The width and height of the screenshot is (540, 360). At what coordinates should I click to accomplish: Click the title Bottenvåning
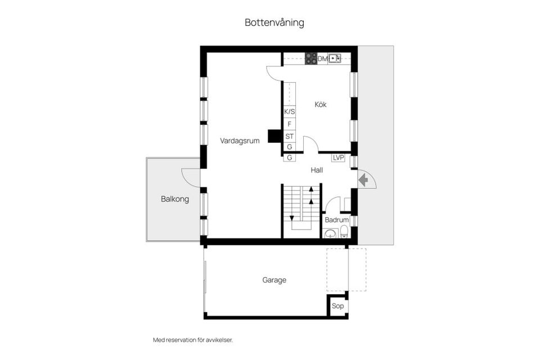274,23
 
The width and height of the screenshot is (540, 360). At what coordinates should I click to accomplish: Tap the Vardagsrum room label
240,141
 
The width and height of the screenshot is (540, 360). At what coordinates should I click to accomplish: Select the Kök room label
321,105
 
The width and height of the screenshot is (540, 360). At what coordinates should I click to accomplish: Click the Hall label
317,170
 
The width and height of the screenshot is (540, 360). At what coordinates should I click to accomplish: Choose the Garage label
274,280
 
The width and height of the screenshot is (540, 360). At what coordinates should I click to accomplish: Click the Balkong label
174,199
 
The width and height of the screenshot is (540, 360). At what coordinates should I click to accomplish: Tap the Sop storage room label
337,306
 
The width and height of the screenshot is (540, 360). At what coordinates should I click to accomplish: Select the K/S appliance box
290,112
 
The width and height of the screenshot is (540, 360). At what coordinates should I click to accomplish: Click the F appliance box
290,124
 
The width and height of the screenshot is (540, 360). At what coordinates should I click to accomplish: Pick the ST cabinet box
290,136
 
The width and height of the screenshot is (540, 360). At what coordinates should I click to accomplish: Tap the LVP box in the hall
338,158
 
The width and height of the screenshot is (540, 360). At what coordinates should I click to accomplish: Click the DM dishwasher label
322,58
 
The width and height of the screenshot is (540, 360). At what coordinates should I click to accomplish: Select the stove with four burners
310,58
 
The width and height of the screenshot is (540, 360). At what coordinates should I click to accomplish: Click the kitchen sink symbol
335,58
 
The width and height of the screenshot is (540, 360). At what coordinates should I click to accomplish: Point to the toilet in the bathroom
344,232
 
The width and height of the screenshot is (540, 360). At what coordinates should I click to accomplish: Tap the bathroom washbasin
330,234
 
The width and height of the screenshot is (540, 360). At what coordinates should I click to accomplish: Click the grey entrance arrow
363,179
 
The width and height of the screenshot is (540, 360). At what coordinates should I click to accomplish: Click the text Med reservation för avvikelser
192,340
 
